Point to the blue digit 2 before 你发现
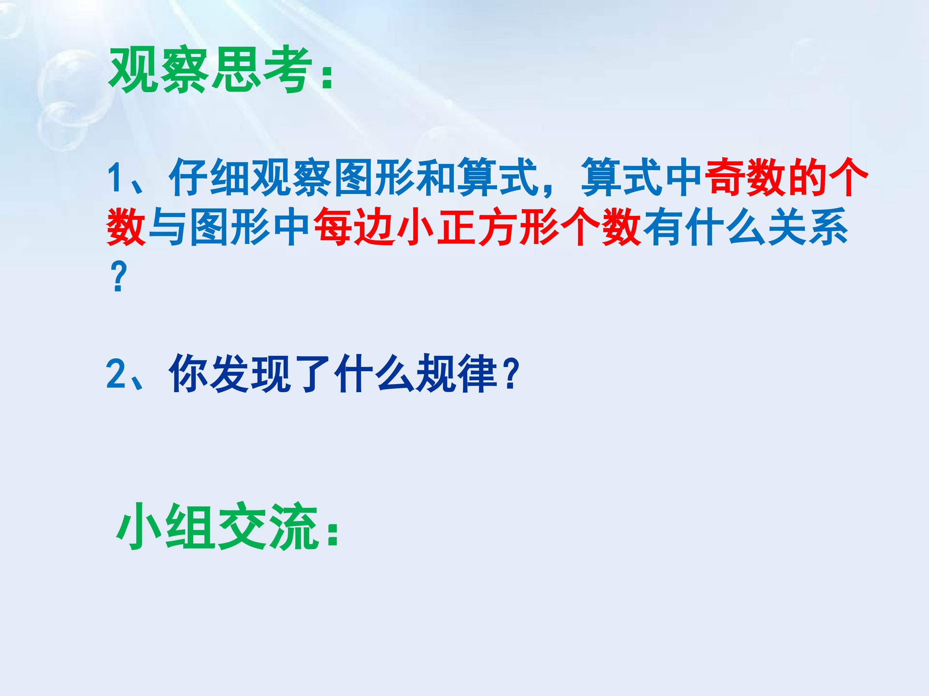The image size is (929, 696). pos(115,373)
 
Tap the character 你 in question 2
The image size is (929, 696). pos(189,373)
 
